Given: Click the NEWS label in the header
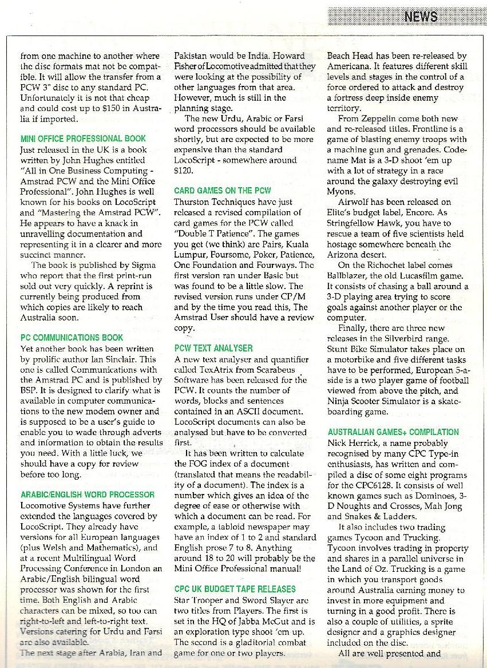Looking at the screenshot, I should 421,16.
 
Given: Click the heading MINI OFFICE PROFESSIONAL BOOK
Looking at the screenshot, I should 83,139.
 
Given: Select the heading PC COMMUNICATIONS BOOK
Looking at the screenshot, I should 72,338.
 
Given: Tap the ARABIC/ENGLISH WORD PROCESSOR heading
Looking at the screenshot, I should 87,495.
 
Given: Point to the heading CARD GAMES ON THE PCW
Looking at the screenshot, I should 223,190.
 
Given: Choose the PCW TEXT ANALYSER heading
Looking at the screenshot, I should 213,348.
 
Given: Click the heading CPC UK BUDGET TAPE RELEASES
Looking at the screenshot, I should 235,589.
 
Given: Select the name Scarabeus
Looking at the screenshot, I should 278,370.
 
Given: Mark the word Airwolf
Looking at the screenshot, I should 354,202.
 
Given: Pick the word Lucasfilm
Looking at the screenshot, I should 420,276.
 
